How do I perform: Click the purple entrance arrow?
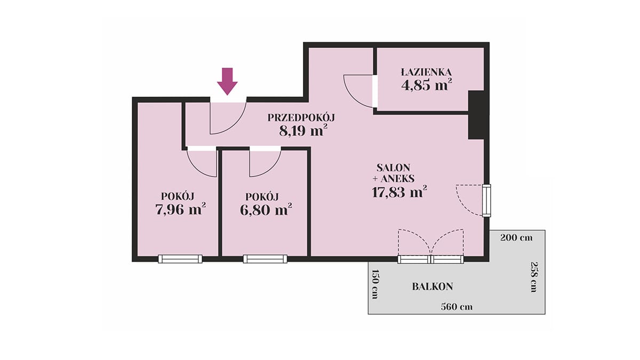(x=227, y=81)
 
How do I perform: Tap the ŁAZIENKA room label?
(x=427, y=72)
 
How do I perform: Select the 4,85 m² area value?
(x=427, y=85)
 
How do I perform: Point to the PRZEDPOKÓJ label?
(x=301, y=117)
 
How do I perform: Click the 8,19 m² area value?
(x=303, y=131)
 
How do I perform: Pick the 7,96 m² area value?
(x=181, y=209)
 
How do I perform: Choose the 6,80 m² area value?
(x=266, y=210)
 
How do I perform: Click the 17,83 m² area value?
(x=399, y=191)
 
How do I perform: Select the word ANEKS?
(x=397, y=179)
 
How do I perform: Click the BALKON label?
(x=433, y=286)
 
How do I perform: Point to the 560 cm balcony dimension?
(x=457, y=307)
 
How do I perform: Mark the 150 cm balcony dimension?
(x=374, y=284)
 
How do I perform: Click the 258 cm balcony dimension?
(x=534, y=277)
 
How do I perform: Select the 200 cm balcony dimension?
(x=516, y=238)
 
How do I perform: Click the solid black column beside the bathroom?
(x=476, y=115)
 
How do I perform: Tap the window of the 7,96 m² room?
(x=180, y=259)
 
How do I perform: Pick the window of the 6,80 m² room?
(x=265, y=259)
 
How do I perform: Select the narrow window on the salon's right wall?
(x=486, y=201)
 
